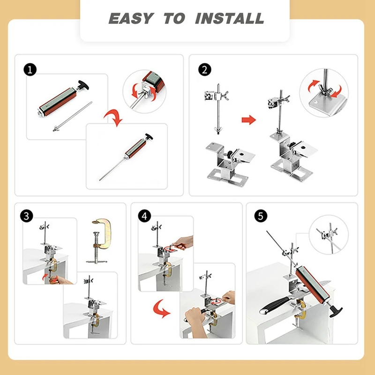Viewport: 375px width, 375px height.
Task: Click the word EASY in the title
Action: (131, 18)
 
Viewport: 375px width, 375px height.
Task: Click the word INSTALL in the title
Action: (230, 18)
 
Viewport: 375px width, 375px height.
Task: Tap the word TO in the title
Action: (174, 18)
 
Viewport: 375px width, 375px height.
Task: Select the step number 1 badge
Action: (30, 70)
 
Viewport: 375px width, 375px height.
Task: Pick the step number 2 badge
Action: (205, 70)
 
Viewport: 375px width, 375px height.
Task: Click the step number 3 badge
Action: (27, 216)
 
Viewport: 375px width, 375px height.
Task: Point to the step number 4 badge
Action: (144, 216)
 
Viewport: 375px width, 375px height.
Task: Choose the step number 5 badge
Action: (261, 216)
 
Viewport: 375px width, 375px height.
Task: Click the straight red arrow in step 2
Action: (249, 120)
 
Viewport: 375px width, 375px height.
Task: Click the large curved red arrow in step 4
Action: (160, 309)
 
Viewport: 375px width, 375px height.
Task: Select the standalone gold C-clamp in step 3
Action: (99, 241)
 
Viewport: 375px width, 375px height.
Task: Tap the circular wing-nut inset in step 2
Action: (324, 93)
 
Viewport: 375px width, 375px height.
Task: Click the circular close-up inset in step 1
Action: (144, 91)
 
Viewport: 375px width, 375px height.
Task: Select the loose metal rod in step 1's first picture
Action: (72, 117)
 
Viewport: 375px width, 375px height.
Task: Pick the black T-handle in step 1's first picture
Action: (83, 85)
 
